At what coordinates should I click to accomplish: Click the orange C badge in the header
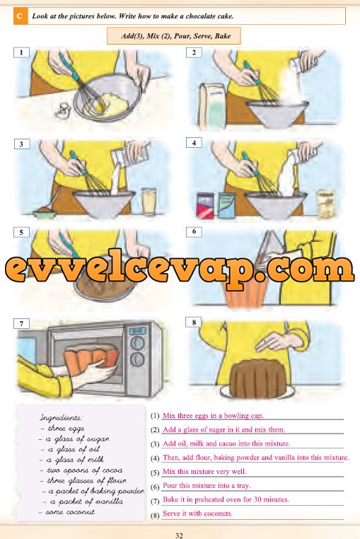click(x=20, y=16)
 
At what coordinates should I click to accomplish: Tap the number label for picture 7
click(x=21, y=324)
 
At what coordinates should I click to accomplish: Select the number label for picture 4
click(x=194, y=142)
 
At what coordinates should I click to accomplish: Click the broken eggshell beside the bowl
click(x=63, y=111)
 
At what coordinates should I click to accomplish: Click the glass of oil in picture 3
click(x=149, y=201)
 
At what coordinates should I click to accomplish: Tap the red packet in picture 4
click(x=205, y=206)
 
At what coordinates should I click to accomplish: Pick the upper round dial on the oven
click(x=137, y=343)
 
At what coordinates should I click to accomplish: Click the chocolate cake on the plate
click(x=258, y=379)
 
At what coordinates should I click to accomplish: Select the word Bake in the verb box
click(x=223, y=36)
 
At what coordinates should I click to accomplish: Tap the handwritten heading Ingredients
click(x=62, y=418)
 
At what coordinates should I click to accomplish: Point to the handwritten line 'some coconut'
click(x=66, y=512)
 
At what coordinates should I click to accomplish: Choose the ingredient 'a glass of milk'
click(x=72, y=460)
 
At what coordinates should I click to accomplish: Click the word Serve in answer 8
click(x=171, y=514)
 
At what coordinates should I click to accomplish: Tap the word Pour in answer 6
click(x=170, y=485)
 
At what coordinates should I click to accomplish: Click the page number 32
click(x=179, y=535)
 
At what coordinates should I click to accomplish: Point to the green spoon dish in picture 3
click(x=45, y=214)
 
